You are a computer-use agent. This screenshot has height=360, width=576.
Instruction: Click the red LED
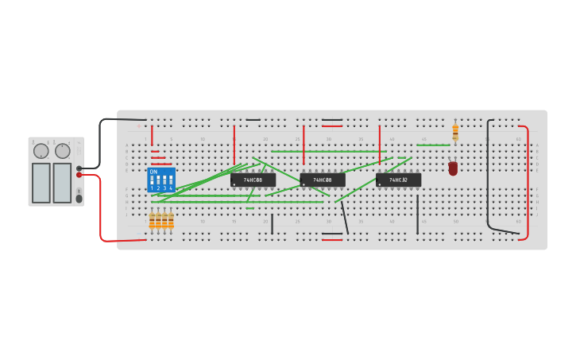pyautogui.click(x=453, y=168)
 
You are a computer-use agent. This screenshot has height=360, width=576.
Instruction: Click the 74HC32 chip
pyautogui.click(x=399, y=180)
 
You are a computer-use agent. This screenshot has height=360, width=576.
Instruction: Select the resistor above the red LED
pyautogui.click(x=455, y=131)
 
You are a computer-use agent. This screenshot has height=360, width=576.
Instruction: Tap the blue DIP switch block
pyautogui.click(x=161, y=180)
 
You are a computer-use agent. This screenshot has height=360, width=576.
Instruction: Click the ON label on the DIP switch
pyautogui.click(x=153, y=172)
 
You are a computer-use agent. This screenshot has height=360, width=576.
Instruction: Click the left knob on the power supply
pyautogui.click(x=41, y=151)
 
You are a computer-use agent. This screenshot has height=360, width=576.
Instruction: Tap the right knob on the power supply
pyautogui.click(x=63, y=151)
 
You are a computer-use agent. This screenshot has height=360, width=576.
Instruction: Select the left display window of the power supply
pyautogui.click(x=41, y=183)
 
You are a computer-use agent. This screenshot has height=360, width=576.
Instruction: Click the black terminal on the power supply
pyautogui.click(x=79, y=168)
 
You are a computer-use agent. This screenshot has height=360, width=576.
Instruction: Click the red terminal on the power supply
pyautogui.click(x=79, y=175)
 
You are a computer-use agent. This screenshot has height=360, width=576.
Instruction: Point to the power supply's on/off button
pyautogui.click(x=79, y=198)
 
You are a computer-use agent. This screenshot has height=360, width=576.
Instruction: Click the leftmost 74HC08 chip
pyautogui.click(x=253, y=180)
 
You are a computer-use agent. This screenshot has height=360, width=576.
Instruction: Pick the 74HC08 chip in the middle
pyautogui.click(x=323, y=180)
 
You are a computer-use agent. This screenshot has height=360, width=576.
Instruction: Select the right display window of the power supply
pyautogui.click(x=62, y=183)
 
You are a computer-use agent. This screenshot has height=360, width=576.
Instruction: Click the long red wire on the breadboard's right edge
pyautogui.click(x=527, y=183)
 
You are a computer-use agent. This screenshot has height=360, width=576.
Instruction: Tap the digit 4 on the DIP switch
pyautogui.click(x=170, y=188)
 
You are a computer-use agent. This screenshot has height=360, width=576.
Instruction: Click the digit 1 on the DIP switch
pyautogui.click(x=152, y=188)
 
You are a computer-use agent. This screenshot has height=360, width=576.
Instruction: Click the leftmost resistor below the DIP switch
pyautogui.click(x=152, y=220)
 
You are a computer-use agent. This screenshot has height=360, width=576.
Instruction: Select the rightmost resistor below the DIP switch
pyautogui.click(x=171, y=220)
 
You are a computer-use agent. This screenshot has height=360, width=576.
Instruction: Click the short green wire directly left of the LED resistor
pyautogui.click(x=433, y=145)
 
